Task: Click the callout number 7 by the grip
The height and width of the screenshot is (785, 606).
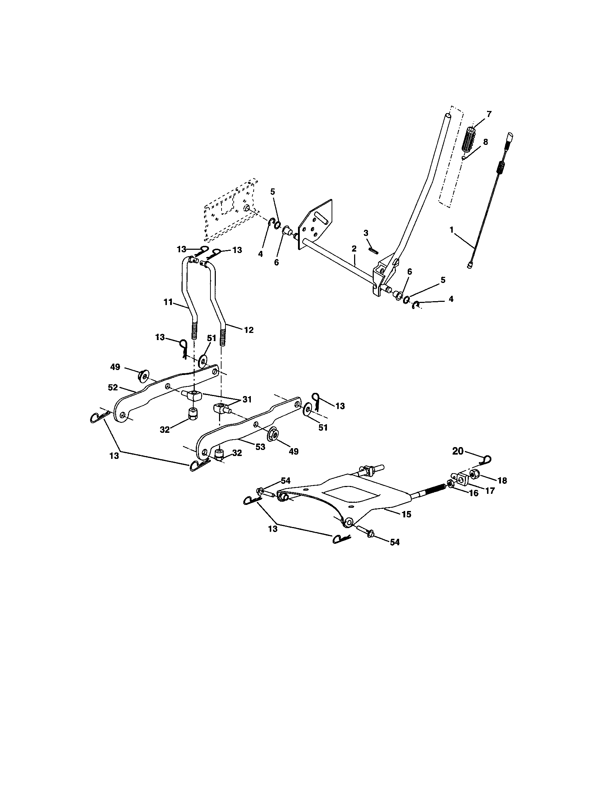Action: click(489, 114)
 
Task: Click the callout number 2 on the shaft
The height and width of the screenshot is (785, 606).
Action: click(354, 248)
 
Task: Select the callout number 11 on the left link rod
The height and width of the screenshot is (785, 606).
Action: click(168, 302)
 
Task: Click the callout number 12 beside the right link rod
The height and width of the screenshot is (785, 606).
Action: click(249, 330)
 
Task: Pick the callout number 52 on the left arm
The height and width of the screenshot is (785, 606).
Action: click(113, 388)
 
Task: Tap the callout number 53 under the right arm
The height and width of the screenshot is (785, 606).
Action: click(260, 447)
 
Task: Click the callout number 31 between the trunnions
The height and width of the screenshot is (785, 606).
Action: click(247, 399)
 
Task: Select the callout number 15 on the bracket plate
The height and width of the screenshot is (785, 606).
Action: click(406, 514)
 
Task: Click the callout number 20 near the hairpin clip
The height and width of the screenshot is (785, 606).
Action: click(458, 451)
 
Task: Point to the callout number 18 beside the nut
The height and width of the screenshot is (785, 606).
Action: click(502, 480)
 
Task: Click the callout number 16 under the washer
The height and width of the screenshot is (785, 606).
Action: click(474, 493)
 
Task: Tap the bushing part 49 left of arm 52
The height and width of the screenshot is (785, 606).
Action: click(144, 376)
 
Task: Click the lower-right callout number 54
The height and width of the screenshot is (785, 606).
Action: click(395, 542)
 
